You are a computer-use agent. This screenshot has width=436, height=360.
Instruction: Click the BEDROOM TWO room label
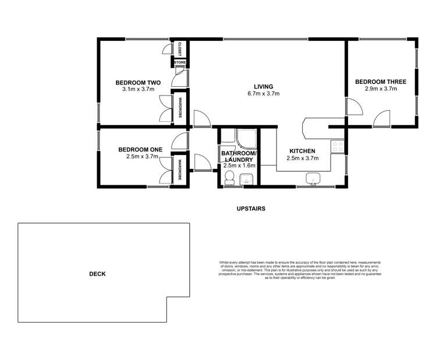tap(137, 82)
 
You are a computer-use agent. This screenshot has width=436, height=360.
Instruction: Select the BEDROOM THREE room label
tap(381, 82)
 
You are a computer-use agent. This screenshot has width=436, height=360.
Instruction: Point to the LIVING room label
tap(264, 86)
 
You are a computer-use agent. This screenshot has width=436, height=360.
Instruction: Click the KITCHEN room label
tap(302, 150)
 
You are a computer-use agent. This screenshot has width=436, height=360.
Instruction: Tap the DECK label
tap(97, 274)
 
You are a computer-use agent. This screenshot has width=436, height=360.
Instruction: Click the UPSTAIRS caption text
tap(251, 207)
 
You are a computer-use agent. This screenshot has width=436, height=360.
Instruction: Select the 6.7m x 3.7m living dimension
tap(264, 93)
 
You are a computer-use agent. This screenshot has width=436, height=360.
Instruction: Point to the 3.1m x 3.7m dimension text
tap(137, 90)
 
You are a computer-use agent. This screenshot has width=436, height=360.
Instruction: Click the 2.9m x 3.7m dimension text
tap(381, 89)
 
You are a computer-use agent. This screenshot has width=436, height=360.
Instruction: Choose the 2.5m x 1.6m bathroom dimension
tap(239, 166)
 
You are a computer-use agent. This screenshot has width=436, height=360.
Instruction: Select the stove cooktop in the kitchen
tap(337, 147)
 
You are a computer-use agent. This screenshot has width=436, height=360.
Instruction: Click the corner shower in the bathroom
tap(245, 137)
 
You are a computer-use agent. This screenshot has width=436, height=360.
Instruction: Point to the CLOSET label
tap(180, 47)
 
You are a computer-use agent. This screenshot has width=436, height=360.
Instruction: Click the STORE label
tap(180, 62)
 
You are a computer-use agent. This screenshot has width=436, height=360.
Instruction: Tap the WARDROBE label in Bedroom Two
tap(180, 108)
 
